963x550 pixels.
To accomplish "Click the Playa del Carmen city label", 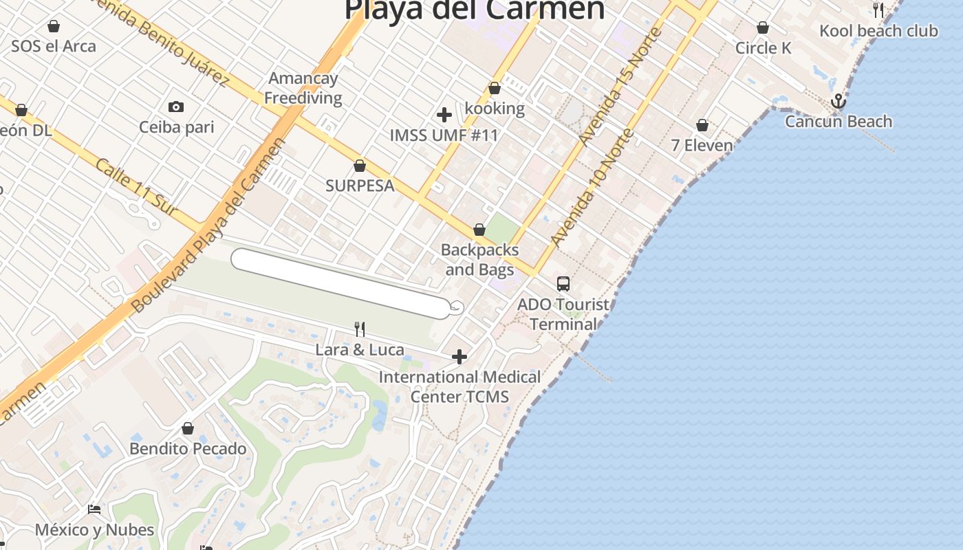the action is coord(475,10).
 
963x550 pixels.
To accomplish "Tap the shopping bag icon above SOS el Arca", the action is coord(54,27).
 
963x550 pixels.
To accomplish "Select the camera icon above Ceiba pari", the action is coord(176,107).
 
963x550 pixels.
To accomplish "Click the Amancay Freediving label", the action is coord(303,88).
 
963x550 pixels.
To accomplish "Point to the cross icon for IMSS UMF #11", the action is coord(444,115).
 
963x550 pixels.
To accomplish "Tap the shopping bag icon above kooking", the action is coord(495,88).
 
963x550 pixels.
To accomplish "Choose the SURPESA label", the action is coord(360,186).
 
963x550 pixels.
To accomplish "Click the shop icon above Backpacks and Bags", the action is coord(479,230).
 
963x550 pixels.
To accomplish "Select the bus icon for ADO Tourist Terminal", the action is coord(563,283).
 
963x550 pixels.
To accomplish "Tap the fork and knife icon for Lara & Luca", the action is coord(359,329).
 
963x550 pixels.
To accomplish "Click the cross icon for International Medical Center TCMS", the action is coord(459,357).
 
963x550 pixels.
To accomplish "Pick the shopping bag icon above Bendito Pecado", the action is coord(188,429).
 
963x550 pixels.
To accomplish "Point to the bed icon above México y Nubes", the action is coord(94,509).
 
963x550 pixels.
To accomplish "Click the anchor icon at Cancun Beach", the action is coord(838,102).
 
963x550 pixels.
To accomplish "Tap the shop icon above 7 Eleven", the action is coord(702,125).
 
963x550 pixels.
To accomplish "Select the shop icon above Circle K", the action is coord(763,28).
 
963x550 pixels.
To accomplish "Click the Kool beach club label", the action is coord(878,31).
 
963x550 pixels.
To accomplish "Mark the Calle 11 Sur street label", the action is coord(136,187).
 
